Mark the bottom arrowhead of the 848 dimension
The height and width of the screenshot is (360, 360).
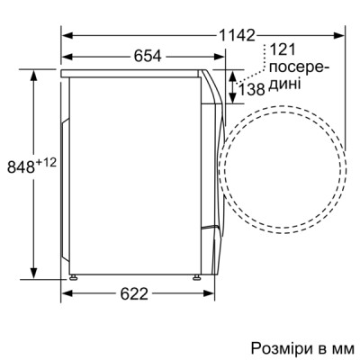coord(34,274)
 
